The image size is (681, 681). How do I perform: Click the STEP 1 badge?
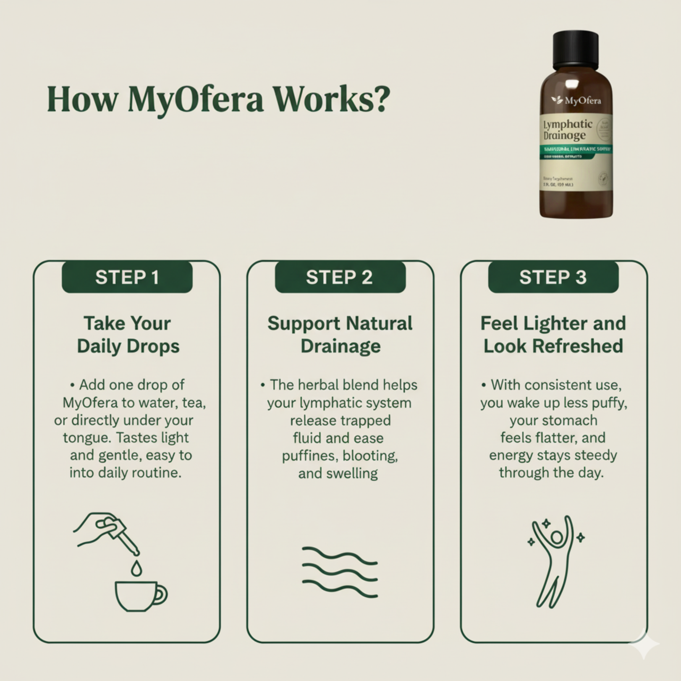click(127, 277)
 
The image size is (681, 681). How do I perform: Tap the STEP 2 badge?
click(340, 277)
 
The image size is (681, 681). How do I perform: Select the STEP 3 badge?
click(553, 277)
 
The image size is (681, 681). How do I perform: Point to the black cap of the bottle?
click(575, 49)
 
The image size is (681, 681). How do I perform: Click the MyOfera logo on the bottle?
click(576, 100)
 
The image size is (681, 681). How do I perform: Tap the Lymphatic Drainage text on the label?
click(567, 130)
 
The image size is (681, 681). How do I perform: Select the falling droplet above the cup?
click(136, 569)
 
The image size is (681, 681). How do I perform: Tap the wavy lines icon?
click(340, 572)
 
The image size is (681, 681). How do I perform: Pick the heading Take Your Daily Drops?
click(128, 335)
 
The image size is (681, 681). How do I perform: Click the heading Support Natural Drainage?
click(340, 335)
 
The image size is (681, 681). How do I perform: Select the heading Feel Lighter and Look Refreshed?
click(553, 335)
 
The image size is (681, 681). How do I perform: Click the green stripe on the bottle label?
click(575, 149)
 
